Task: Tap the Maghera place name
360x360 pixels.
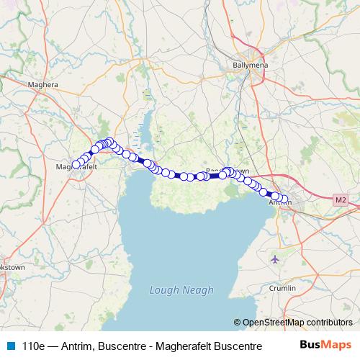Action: pyautogui.click(x=42, y=84)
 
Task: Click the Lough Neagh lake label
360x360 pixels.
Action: pyautogui.click(x=181, y=290)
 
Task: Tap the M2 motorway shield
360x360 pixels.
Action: pyautogui.click(x=341, y=199)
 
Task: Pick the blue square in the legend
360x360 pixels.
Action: pyautogui.click(x=9, y=346)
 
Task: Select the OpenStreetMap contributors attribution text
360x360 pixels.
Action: pyautogui.click(x=297, y=323)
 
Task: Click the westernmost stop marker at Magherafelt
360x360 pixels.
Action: pyautogui.click(x=74, y=166)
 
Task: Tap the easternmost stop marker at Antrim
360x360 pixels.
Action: pyautogui.click(x=285, y=200)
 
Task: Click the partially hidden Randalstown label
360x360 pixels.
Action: pyautogui.click(x=228, y=171)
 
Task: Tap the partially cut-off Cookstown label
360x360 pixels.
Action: pyautogui.click(x=13, y=266)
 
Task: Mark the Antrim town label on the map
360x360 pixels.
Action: pyautogui.click(x=279, y=203)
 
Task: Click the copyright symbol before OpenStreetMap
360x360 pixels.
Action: pyautogui.click(x=237, y=323)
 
